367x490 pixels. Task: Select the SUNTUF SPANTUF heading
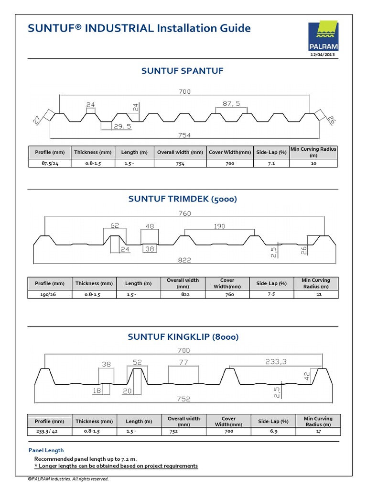pos(183,71)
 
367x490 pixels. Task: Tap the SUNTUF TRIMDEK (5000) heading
pos(183,199)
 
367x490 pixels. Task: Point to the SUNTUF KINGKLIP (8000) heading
pos(183,337)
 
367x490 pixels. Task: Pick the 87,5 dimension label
pos(231,103)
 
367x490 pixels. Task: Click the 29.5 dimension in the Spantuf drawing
pos(122,127)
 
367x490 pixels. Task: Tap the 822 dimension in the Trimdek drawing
pos(184,260)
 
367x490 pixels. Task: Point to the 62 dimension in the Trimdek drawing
pos(115,225)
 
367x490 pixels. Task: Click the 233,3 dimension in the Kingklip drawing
pos(276,362)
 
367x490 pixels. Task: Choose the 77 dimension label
pos(183,362)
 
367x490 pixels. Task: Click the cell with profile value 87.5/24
pos(49,163)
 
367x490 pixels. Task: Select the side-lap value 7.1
pos(271,163)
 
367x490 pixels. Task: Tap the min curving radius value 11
pos(319,294)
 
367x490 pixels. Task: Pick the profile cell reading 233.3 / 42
pos(49,431)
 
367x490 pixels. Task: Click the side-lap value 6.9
pos(273,431)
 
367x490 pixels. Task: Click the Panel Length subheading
pos(46,450)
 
